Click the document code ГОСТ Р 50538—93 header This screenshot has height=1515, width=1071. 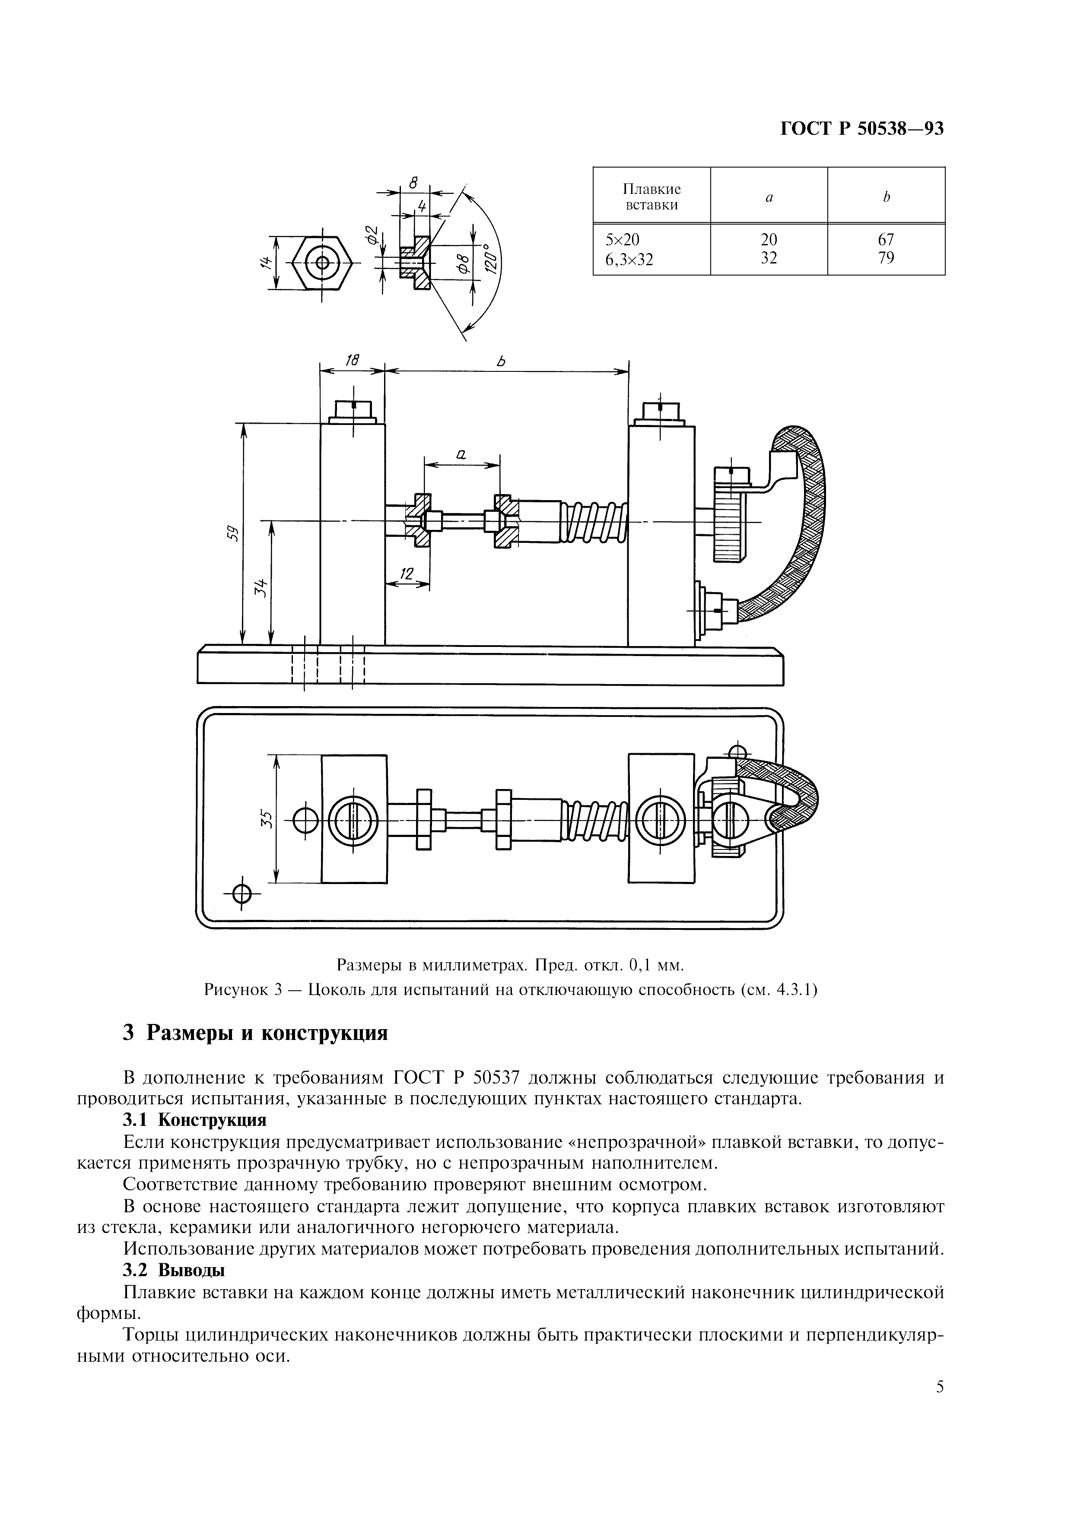click(x=862, y=129)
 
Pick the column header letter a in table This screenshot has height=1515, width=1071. click(x=769, y=197)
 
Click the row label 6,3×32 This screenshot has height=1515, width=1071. click(x=629, y=259)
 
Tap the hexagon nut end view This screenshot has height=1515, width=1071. click(x=322, y=262)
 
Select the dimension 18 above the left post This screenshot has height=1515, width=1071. click(x=353, y=360)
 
